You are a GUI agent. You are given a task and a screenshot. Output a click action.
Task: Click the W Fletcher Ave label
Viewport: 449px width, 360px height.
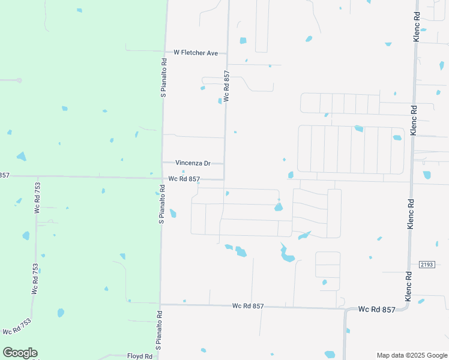[195, 53]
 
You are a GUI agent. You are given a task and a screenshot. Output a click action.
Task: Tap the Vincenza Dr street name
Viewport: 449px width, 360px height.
[193, 163]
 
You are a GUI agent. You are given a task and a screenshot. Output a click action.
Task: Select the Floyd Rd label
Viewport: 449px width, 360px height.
[140, 356]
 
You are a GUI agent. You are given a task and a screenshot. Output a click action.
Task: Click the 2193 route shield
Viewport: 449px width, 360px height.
[426, 265]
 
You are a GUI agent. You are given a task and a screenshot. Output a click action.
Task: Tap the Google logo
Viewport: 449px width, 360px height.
[20, 353]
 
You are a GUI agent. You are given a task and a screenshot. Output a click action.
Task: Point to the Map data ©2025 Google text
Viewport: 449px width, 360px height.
[411, 355]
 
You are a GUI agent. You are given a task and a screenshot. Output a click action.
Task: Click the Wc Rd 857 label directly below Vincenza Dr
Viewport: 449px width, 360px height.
[184, 179]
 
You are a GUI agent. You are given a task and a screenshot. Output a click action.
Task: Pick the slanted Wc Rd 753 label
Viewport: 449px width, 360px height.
[16, 327]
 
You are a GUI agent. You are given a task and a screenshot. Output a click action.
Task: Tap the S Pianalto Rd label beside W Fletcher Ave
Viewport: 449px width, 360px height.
[163, 79]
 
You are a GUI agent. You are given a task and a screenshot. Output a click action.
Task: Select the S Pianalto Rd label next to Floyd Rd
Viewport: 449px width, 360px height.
[159, 330]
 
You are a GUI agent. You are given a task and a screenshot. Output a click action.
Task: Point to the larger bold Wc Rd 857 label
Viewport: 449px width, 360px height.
[377, 310]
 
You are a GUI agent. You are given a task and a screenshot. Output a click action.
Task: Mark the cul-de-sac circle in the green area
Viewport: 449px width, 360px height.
[19, 80]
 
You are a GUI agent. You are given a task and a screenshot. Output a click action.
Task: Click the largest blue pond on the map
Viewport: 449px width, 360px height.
[287, 254]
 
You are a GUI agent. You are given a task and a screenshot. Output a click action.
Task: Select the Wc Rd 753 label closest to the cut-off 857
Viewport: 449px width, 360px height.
[37, 198]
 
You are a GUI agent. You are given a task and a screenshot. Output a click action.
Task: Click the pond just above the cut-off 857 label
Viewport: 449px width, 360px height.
[22, 157]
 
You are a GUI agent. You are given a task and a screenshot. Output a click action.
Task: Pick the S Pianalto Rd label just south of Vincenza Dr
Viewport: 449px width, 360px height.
[161, 206]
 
